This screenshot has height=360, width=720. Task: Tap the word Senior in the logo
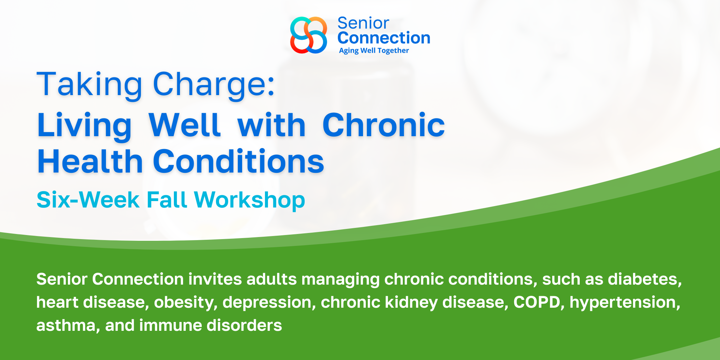[x=363, y=23]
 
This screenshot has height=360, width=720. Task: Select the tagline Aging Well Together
[x=374, y=51]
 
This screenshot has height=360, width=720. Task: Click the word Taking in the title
[x=89, y=85]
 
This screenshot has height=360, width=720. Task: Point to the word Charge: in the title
[x=214, y=85]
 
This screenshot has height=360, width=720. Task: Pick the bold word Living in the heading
[x=84, y=126]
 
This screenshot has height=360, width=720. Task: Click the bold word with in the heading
[x=271, y=125]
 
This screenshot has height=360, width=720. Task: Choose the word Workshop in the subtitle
[x=250, y=200]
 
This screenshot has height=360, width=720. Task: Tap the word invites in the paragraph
[x=215, y=279]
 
